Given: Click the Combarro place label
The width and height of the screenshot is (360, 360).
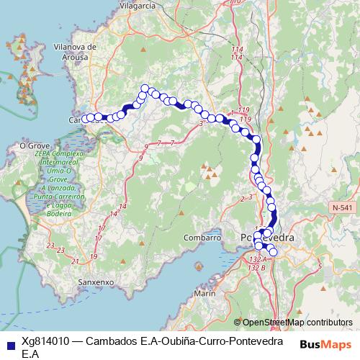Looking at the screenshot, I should pos(202,238).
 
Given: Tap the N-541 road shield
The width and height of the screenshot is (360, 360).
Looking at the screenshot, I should pos(343,207).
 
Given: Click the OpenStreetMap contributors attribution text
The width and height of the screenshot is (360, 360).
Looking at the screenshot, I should pos(297,323).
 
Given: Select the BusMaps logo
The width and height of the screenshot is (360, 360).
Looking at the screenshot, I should pos(326,344).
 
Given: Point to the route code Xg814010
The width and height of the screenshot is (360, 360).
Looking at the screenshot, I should pos(45,341).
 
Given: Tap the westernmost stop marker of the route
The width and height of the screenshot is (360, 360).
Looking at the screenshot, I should pos(86,119).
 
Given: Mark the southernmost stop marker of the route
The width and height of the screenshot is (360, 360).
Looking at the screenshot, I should pos(273,252).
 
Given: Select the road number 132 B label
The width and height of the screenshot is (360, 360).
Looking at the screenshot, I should pos(257,267).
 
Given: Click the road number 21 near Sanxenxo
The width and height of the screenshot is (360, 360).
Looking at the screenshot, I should pos(76,261).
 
